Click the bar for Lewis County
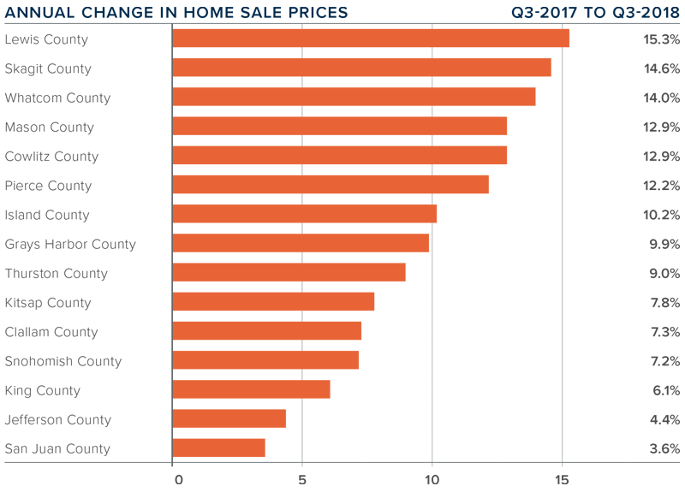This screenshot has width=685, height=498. (x=370, y=39)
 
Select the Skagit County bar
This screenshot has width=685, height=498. (x=361, y=68)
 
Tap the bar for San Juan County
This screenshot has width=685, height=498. (x=218, y=448)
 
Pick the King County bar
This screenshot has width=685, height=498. (x=251, y=390)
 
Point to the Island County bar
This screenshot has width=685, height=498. (x=304, y=214)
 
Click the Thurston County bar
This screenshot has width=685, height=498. (x=289, y=273)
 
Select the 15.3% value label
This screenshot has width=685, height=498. (x=662, y=39)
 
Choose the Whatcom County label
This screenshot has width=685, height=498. (x=57, y=98)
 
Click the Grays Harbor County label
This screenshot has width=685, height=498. (x=70, y=244)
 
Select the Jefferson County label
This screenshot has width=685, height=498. (x=58, y=419)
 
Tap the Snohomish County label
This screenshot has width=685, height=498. (x=63, y=361)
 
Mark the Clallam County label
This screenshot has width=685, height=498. (x=51, y=332)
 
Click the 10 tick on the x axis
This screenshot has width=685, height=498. (x=432, y=479)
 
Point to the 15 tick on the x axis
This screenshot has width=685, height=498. (x=562, y=479)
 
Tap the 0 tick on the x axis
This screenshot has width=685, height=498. (x=178, y=479)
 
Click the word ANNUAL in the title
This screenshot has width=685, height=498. (x=36, y=13)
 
